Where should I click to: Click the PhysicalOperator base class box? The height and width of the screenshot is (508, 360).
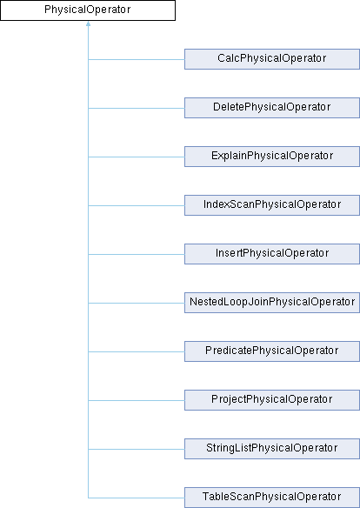point(88,10)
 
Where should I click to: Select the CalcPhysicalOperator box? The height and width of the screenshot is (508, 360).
point(272,59)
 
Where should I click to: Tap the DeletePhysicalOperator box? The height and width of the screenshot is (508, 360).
point(272,108)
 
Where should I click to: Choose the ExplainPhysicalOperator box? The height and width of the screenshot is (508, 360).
point(272,157)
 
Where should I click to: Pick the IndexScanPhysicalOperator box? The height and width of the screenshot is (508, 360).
point(272,205)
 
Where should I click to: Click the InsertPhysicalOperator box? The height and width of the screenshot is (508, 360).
point(272,254)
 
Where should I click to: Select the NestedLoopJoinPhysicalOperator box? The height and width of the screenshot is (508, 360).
point(272,303)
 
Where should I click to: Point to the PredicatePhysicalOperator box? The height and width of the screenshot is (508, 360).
point(272,351)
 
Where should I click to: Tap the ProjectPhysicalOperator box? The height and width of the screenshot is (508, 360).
point(272,400)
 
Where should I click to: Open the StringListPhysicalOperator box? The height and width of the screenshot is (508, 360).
point(272,449)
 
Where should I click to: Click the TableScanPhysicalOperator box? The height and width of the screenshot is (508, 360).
point(272,498)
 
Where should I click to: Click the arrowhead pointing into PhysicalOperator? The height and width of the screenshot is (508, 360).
point(88,23)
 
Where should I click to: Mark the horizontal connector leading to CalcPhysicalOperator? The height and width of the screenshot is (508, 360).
point(137,60)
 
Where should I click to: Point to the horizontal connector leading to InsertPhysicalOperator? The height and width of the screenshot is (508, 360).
point(137,254)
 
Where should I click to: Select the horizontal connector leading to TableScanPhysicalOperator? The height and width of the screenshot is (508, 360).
point(137,498)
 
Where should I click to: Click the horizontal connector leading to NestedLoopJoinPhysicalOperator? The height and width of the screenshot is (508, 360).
point(137,304)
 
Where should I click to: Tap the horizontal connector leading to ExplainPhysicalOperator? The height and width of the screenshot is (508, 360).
point(137,157)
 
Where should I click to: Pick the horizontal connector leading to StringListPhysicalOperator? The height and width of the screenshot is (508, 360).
point(137,450)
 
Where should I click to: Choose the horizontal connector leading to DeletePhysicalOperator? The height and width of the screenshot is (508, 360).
point(137,108)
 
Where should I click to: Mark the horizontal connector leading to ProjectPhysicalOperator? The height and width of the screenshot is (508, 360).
point(137,400)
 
